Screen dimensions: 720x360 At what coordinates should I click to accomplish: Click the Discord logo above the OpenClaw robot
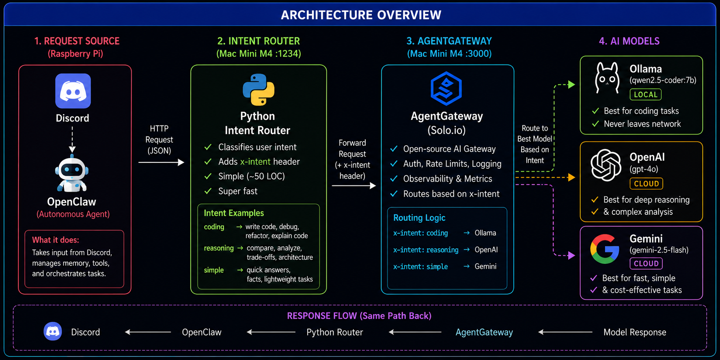click(x=73, y=91)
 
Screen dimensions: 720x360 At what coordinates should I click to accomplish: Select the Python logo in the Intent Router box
click(x=259, y=90)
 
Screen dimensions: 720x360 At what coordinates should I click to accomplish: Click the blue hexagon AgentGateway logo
click(x=446, y=88)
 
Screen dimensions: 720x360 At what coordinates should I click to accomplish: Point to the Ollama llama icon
click(x=607, y=78)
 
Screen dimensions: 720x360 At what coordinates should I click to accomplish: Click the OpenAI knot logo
click(x=606, y=165)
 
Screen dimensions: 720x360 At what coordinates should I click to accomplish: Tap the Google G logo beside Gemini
click(x=605, y=249)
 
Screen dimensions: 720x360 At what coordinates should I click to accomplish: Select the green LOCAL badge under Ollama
click(x=645, y=95)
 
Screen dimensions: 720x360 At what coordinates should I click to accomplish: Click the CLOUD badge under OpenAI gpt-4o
click(x=646, y=183)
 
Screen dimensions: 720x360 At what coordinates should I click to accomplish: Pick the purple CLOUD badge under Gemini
click(x=646, y=263)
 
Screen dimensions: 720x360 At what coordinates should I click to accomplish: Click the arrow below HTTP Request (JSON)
click(x=161, y=162)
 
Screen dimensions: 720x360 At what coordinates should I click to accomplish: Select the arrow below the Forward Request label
click(x=354, y=185)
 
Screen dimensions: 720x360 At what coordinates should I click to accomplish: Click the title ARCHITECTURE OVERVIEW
click(x=361, y=15)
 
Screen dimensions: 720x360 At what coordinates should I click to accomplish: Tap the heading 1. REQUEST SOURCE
click(x=77, y=41)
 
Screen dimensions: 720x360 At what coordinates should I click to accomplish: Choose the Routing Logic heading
click(x=419, y=218)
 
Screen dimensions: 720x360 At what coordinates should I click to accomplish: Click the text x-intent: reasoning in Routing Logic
click(x=426, y=250)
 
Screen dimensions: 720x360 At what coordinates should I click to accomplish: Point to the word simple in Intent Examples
click(x=214, y=270)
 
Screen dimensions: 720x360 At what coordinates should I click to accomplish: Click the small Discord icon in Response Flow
click(x=53, y=331)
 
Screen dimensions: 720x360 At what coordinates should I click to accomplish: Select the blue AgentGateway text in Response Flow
click(x=484, y=332)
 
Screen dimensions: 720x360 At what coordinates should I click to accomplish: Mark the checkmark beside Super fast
click(x=208, y=191)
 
